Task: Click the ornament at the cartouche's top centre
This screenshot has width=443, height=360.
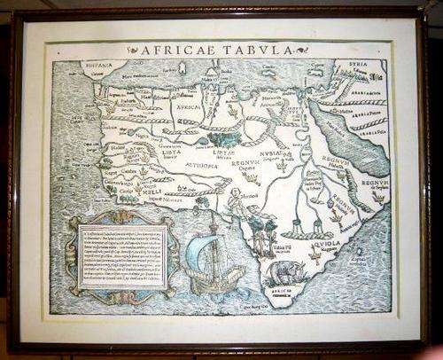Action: [x=120, y=215]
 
